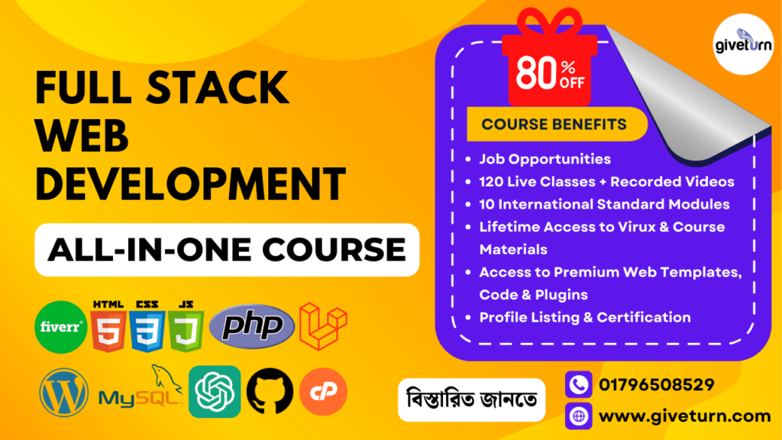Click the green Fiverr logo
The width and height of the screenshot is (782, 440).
pos(61,327)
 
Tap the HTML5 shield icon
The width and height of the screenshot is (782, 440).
pos(108,327)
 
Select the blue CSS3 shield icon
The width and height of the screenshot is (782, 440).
pos(147,327)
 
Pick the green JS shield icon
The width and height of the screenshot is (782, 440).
pos(186,327)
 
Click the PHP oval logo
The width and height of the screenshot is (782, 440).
pos(252,326)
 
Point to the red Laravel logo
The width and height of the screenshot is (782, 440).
pos(323,326)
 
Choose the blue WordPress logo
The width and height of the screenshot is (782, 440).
pos(64,392)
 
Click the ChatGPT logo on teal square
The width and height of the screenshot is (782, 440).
pos(215,392)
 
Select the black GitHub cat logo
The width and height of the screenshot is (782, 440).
pos(270,392)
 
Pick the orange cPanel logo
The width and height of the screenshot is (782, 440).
pos(323,392)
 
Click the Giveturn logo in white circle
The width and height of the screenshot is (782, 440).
pos(743,44)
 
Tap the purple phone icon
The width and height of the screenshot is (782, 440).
pos(579,385)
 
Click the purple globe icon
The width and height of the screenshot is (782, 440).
pos(579,416)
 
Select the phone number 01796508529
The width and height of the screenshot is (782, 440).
pos(656,385)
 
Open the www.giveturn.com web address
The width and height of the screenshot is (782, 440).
pos(685,416)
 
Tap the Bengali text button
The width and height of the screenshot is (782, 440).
pos(471,400)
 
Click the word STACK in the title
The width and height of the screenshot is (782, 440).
pos(218,87)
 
